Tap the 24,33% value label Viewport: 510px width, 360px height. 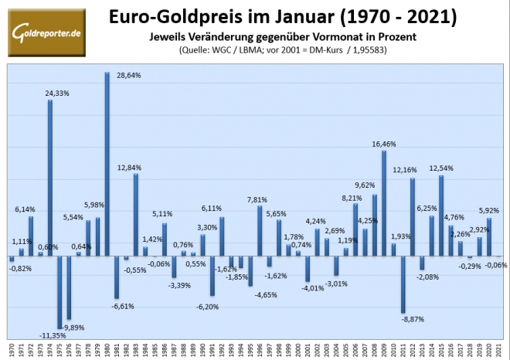(x=61, y=93)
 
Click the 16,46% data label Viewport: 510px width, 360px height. (x=384, y=144)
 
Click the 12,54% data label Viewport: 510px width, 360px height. (x=441, y=168)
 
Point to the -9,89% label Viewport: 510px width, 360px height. (x=74, y=327)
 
